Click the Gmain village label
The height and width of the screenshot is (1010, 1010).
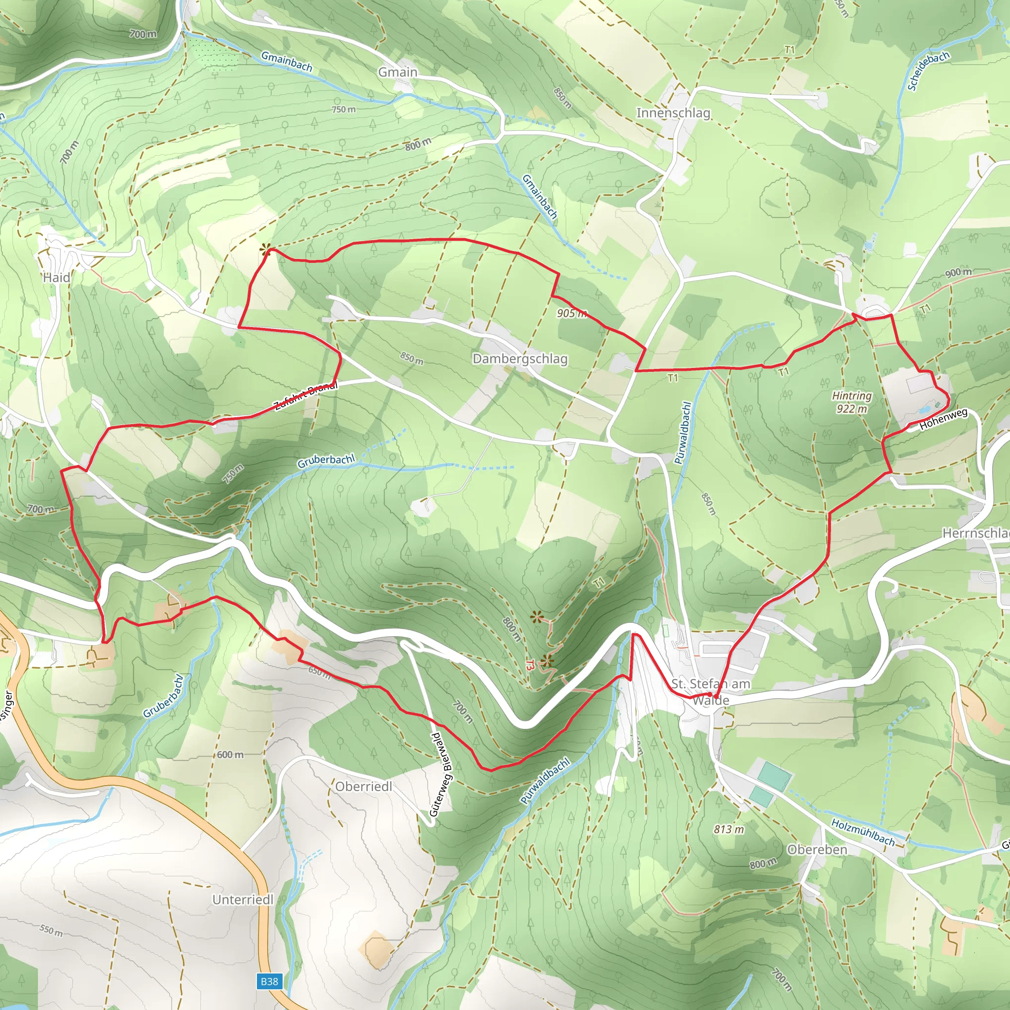coord(397,72)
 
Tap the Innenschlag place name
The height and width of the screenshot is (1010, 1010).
coord(673,113)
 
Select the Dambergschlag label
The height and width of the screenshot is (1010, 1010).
coord(520,359)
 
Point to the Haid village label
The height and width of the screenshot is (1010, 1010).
coord(56,278)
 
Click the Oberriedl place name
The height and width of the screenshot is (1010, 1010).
coord(363,786)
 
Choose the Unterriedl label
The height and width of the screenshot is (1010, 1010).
coord(243,900)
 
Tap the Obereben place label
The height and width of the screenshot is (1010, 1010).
coord(817,850)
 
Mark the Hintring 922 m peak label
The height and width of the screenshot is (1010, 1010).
coord(852,402)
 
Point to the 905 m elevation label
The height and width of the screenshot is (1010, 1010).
coord(572,313)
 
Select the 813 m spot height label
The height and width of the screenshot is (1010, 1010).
coord(729,829)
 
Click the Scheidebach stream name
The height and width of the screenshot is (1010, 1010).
coord(928,71)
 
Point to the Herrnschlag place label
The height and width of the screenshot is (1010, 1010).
coord(975,533)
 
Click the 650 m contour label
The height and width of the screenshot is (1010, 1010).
coord(320,671)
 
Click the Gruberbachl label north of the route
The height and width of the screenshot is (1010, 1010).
coord(325,461)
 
